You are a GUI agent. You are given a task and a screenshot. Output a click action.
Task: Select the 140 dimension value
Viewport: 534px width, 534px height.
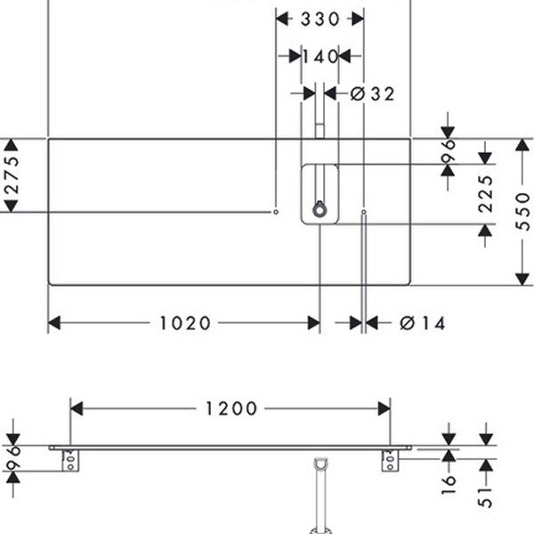320,56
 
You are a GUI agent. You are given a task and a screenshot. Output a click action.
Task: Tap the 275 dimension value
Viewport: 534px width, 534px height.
12,175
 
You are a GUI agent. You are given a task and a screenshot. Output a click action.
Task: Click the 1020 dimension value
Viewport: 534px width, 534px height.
186,323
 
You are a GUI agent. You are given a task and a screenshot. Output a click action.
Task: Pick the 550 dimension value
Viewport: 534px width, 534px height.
524,212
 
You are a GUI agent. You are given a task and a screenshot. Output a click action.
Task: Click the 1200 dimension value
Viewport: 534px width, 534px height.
231,409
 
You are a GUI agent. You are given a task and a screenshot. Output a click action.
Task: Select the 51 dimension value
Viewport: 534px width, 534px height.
486,496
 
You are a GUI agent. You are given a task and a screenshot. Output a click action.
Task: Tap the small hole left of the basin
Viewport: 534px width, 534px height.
276,212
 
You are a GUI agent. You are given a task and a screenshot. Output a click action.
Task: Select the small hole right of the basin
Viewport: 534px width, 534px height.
364,212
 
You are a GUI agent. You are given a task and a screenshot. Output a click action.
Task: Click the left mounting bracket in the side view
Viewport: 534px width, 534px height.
69,461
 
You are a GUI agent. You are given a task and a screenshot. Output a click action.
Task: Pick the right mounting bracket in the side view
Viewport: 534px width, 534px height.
390,461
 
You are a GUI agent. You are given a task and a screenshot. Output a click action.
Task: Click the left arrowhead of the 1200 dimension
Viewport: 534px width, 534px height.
76,409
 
